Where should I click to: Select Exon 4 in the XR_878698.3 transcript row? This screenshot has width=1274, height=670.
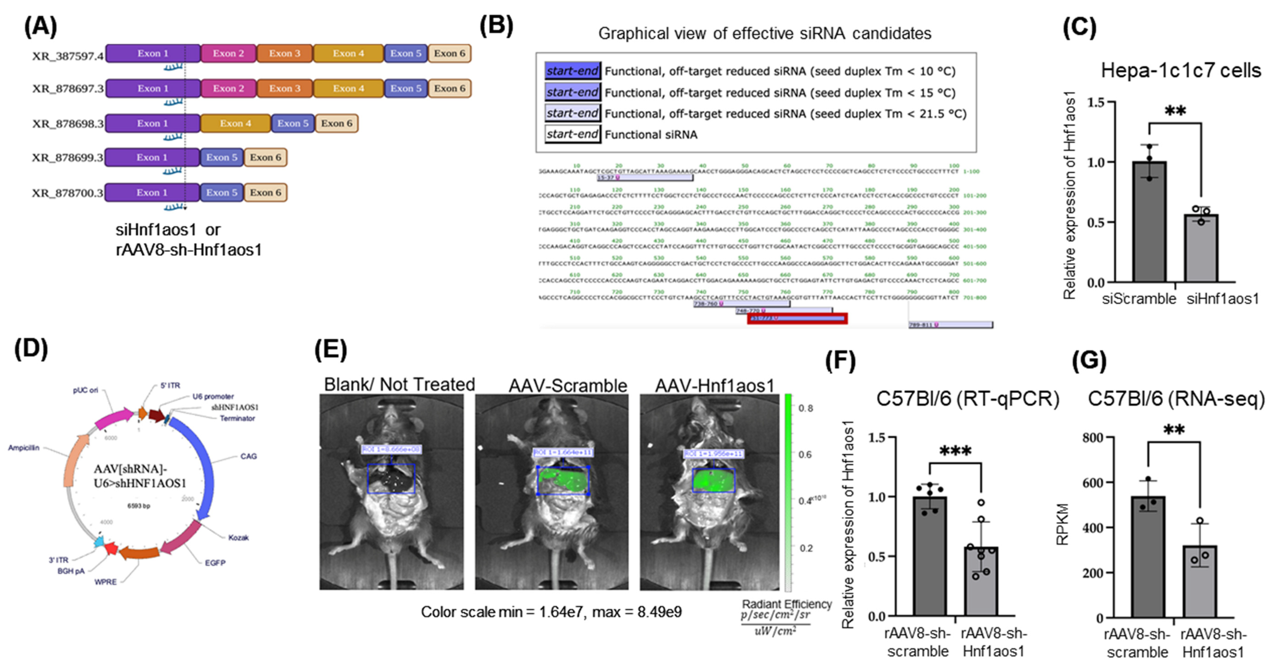pyautogui.click(x=235, y=123)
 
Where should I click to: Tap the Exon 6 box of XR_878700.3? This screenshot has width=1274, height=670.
pyautogui.click(x=265, y=192)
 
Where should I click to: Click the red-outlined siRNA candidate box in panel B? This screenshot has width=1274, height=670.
pyautogui.click(x=797, y=318)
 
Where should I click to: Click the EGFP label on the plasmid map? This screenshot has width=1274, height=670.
pyautogui.click(x=215, y=563)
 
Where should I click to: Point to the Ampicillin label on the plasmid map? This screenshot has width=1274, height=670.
pyautogui.click(x=24, y=448)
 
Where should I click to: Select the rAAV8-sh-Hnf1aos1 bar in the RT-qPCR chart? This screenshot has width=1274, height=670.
pyautogui.click(x=981, y=581)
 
